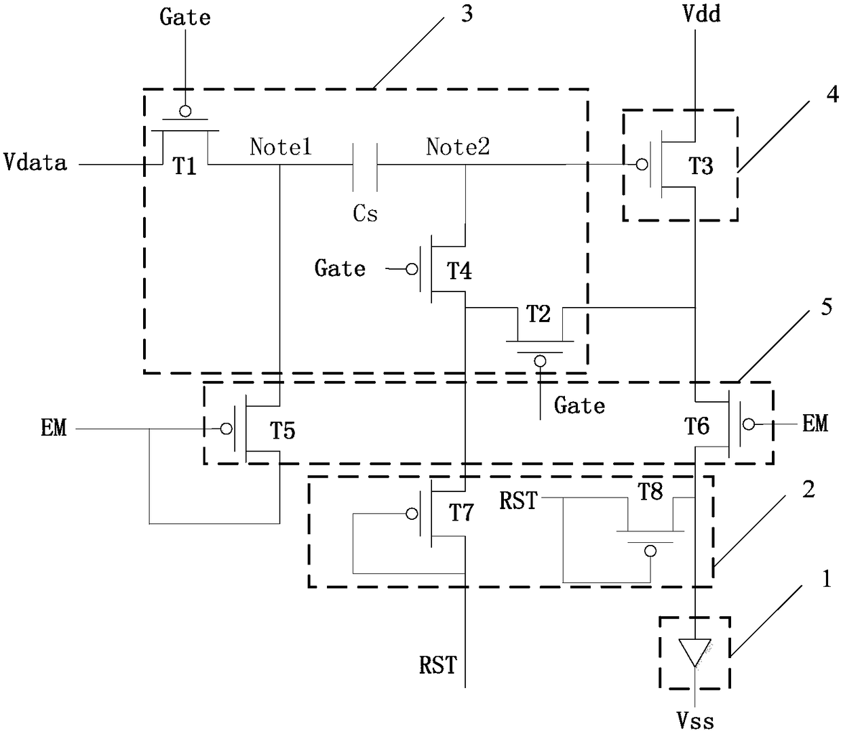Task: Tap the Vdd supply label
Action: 702,14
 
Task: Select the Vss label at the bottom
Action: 695,720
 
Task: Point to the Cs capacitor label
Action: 365,213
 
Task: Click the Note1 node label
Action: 281,146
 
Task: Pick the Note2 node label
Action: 458,146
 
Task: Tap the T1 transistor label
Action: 184,166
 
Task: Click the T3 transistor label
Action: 701,165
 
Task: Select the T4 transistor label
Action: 459,270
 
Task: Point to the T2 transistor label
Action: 538,314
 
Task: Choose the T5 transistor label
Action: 282,430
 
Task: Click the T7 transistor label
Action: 461,512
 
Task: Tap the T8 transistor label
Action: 650,491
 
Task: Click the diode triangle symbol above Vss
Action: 695,652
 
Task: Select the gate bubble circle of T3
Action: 642,165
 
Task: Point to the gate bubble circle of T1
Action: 185,111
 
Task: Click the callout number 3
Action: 467,14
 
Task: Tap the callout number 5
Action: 827,307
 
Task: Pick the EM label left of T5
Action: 54,428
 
